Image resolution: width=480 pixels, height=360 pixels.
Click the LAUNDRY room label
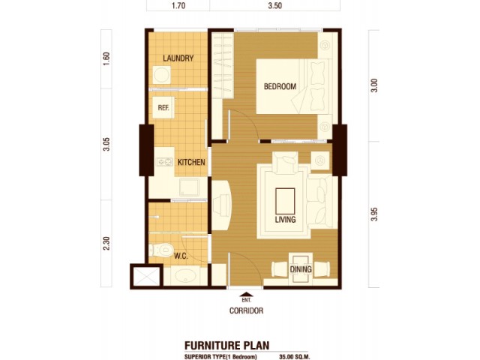pos(178,58)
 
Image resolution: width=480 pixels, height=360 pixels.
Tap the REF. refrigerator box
pos(163,107)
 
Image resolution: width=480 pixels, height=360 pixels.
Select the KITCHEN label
pos(191,162)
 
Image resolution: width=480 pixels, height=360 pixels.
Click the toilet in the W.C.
pos(161,250)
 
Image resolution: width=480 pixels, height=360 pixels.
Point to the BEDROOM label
pos(280,86)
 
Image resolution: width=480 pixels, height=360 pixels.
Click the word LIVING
pos(285,219)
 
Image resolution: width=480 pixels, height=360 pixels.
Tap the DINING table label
pos(301,269)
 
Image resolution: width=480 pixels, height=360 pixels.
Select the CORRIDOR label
pos(247,310)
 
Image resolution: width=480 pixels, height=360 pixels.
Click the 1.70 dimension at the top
pos(178,5)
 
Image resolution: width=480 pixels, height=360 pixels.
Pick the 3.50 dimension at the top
pos(274,5)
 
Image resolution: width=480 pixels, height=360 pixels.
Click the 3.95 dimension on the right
pos(375,214)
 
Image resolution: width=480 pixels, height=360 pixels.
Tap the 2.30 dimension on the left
pos(106,243)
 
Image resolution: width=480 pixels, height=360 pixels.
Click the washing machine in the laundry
pos(162,75)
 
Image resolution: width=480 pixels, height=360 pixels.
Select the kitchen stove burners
pos(165,162)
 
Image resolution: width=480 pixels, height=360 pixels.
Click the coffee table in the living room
pos(285,201)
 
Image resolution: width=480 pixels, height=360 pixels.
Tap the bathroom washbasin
pos(185,277)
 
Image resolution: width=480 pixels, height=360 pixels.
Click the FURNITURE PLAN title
pos(226,345)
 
